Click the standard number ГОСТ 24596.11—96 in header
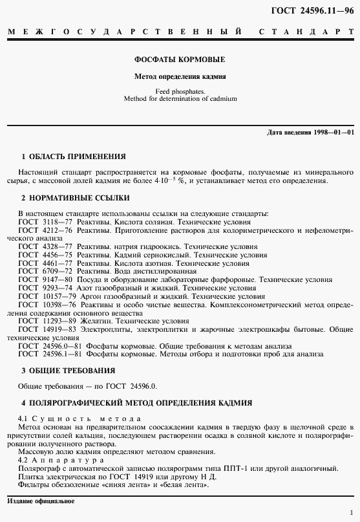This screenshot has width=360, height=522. point(318,8)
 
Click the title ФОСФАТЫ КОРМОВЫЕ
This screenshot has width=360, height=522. point(180,60)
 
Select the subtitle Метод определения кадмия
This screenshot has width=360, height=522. point(180,76)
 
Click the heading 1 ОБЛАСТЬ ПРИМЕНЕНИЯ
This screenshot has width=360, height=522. point(74,157)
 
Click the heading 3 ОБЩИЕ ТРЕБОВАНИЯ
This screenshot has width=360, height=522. point(69,371)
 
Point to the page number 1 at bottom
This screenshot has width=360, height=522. point(351,512)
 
